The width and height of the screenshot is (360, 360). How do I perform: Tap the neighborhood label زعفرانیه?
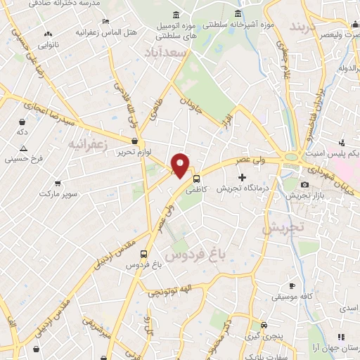(x=88, y=144)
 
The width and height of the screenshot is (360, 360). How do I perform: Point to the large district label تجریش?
(x=283, y=228)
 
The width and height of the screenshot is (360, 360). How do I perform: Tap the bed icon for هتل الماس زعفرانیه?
(x=105, y=22)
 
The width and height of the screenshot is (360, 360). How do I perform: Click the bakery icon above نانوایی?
(x=48, y=34)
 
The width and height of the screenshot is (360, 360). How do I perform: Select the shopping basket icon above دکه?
(x=23, y=122)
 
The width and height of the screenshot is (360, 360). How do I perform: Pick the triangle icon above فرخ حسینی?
(x=23, y=148)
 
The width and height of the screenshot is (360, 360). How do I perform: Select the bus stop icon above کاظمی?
(x=197, y=179)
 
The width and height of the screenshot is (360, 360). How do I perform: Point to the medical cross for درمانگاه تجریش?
(x=243, y=176)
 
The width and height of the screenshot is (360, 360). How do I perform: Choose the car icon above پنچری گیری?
(x=263, y=325)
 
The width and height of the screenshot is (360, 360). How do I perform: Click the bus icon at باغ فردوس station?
(x=144, y=255)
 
